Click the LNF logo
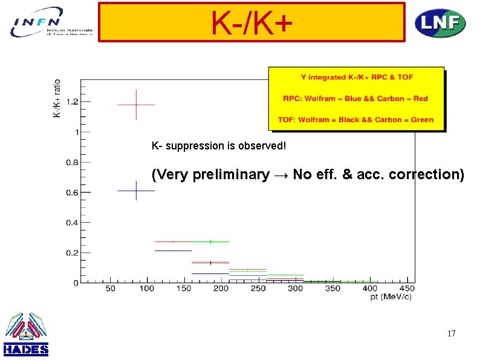click(x=439, y=24)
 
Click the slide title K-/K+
click(x=251, y=23)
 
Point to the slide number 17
click(x=450, y=333)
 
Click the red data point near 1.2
click(x=136, y=105)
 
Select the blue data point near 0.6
click(x=136, y=191)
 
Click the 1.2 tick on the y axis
click(x=72, y=102)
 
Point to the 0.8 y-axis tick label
click(x=72, y=162)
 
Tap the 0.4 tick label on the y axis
click(x=72, y=223)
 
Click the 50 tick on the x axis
click(x=111, y=289)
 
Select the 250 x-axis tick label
click(x=258, y=289)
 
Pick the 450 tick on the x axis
click(x=406, y=289)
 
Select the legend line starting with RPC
click(x=355, y=99)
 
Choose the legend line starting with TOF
click(x=355, y=120)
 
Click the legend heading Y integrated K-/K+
click(x=357, y=77)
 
